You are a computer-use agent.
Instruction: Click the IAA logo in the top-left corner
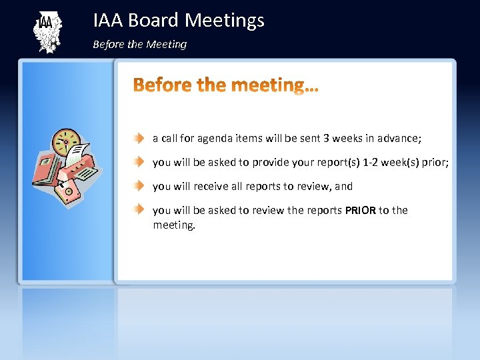(x=47, y=31)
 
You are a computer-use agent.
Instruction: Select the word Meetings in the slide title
(x=224, y=21)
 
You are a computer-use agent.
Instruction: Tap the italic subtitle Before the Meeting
(x=139, y=45)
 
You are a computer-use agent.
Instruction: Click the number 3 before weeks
(x=326, y=138)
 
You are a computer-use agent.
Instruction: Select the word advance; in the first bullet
(x=400, y=138)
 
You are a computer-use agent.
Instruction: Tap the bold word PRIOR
(x=360, y=211)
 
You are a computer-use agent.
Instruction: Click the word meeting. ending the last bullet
(x=174, y=225)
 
